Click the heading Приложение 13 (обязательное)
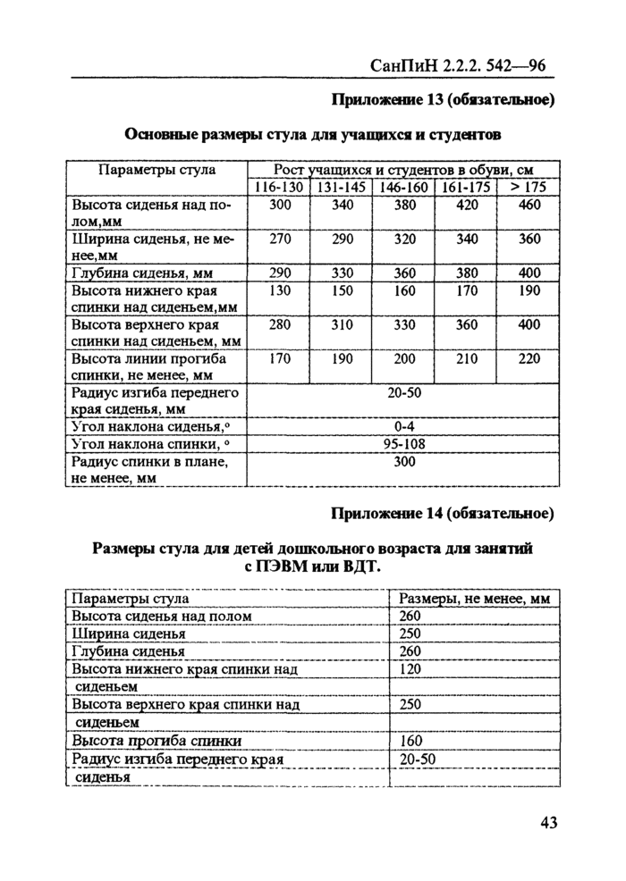click(444, 99)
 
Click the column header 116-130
click(277, 187)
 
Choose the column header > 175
click(529, 187)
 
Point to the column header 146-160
click(402, 187)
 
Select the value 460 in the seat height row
click(529, 205)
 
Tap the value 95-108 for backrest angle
click(402, 444)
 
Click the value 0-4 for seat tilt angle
click(402, 426)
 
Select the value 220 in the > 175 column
click(529, 359)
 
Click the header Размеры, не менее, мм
click(474, 599)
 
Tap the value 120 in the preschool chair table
click(410, 668)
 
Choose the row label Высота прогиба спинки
click(156, 741)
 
